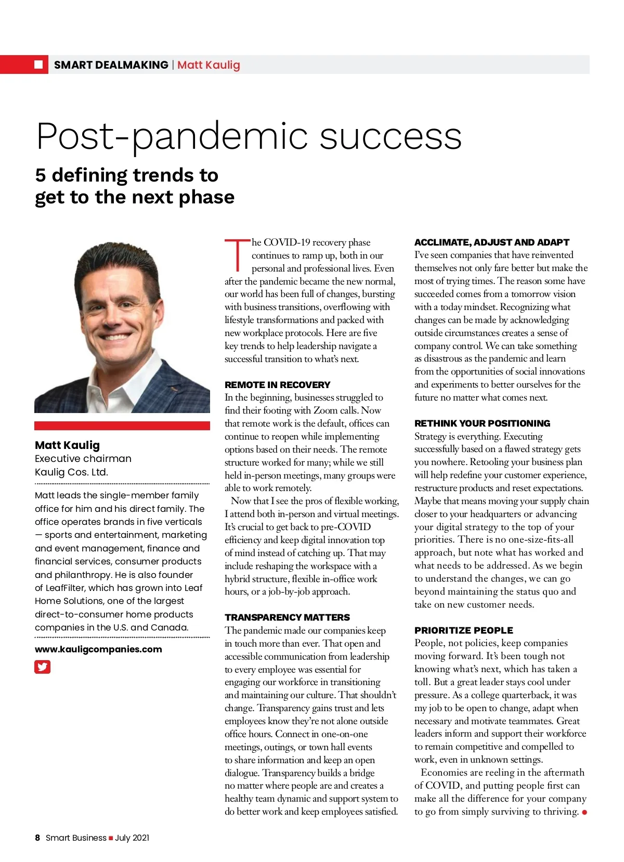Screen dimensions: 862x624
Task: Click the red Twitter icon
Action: tap(43, 666)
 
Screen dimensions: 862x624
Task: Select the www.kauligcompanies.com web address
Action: tap(98, 649)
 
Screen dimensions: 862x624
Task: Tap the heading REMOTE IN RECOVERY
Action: tap(277, 385)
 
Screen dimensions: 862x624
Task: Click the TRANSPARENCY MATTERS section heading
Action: tap(287, 617)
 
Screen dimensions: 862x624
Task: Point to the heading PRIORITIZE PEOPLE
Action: tap(463, 631)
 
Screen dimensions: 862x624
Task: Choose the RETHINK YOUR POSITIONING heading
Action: tap(482, 423)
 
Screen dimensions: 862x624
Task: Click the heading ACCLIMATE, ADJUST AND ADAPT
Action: tap(491, 242)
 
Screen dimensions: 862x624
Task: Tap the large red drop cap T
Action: tap(237, 255)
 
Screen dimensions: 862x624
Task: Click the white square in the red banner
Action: tap(38, 65)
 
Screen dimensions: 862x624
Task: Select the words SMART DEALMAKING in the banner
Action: tap(111, 65)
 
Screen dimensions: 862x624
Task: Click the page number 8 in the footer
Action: tap(37, 838)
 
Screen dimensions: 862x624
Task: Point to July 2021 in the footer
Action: tap(132, 838)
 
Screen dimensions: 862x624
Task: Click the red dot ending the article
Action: tap(584, 812)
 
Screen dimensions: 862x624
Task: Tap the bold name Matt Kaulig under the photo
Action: tap(67, 445)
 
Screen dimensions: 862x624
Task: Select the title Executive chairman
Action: tap(83, 459)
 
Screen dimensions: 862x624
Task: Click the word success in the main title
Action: tap(390, 136)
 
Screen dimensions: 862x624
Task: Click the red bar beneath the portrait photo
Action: tap(122, 426)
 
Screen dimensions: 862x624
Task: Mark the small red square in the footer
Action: tap(111, 838)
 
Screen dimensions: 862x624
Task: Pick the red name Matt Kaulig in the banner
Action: tap(209, 65)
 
